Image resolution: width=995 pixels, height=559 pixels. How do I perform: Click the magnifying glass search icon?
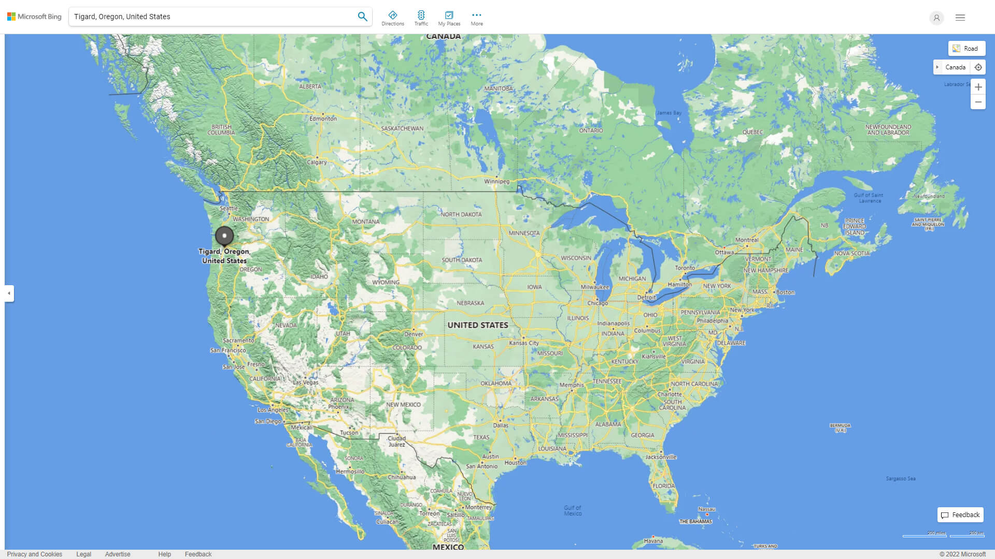[x=362, y=17]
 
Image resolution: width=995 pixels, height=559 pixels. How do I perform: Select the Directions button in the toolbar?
[x=392, y=18]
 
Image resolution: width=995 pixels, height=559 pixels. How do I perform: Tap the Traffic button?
[x=421, y=18]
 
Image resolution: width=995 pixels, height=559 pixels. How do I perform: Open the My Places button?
[x=449, y=18]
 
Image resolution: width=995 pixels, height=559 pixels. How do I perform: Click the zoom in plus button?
[x=978, y=87]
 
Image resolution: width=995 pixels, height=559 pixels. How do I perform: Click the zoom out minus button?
[x=978, y=102]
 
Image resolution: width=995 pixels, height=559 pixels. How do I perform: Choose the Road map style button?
[x=966, y=49]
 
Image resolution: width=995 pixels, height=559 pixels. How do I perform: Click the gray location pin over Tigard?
[x=224, y=236]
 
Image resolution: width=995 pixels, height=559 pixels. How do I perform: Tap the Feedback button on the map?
[x=960, y=515]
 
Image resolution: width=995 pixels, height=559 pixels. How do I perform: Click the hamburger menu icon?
[x=960, y=18]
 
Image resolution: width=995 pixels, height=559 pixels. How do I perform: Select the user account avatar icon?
[x=936, y=18]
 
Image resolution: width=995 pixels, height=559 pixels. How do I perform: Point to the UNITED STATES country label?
[x=477, y=325]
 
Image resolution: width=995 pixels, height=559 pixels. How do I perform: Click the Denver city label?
[x=414, y=334]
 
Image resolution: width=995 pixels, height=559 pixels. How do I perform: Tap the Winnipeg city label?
[x=496, y=181]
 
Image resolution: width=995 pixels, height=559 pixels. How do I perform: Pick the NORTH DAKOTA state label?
[x=461, y=214]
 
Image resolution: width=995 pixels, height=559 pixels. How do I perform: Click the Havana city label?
[x=653, y=541]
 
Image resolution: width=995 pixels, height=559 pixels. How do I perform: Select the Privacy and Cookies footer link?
[x=35, y=554]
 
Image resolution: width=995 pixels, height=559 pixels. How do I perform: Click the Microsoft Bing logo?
[x=34, y=17]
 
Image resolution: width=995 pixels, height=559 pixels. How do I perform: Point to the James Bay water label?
[x=669, y=113]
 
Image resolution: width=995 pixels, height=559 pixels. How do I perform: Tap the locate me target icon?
[x=978, y=67]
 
